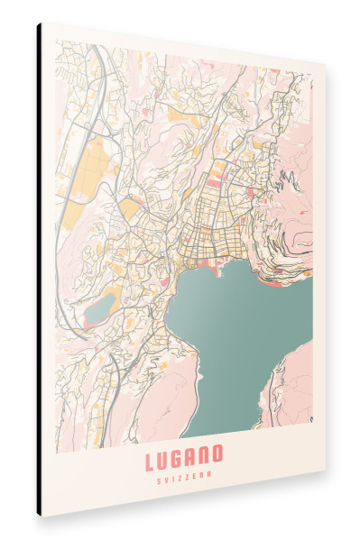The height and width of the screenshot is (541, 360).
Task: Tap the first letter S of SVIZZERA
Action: (x=159, y=480)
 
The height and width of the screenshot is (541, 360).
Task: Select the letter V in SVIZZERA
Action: (x=166, y=480)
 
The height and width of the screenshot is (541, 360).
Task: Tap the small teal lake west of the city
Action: (x=98, y=308)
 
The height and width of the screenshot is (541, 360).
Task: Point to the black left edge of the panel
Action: (x=40, y=270)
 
